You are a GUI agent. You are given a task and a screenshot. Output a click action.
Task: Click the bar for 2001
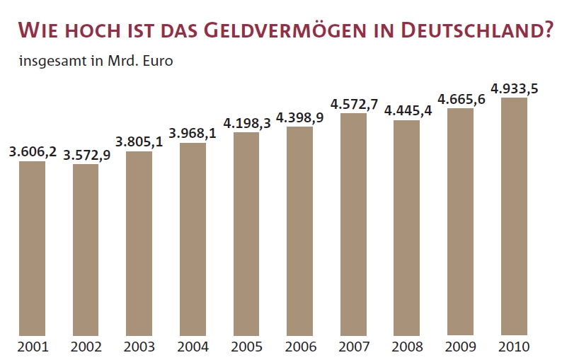[32, 248]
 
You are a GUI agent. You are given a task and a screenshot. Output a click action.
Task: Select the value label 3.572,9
[86, 155]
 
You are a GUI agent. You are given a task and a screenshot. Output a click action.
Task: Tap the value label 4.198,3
[246, 122]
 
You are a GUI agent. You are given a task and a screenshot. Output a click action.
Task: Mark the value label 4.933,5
[515, 88]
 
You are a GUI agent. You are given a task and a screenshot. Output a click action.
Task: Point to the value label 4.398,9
[299, 117]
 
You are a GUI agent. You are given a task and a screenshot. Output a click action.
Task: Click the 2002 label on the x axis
[86, 347]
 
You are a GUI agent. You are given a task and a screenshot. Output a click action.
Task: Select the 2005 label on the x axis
[246, 347]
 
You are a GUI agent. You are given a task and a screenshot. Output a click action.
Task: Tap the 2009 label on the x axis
[460, 347]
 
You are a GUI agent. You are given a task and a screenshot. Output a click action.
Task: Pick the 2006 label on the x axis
[299, 347]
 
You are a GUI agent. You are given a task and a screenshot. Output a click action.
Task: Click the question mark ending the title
[547, 30]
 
